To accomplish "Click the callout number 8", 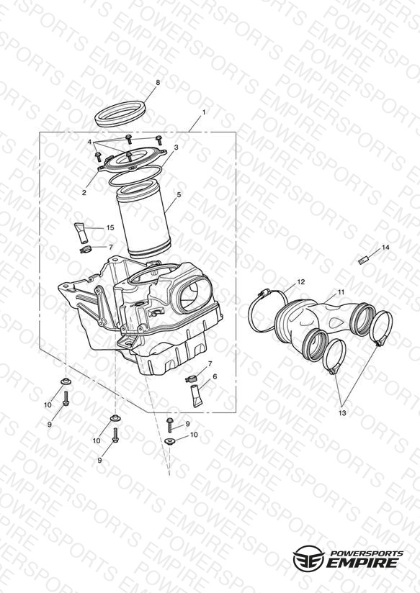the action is click(x=158, y=83).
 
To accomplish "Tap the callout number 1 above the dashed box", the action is click(x=204, y=112).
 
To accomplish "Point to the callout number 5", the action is click(x=179, y=195).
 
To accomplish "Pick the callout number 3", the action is click(x=176, y=147).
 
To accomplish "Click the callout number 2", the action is click(x=84, y=192).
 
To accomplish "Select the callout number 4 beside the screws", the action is click(x=90, y=142).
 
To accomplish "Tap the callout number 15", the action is click(x=110, y=227).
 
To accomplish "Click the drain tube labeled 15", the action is click(x=81, y=233).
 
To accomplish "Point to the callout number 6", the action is click(x=215, y=376).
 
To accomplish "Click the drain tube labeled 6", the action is click(x=197, y=396).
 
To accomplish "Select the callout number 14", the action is click(x=385, y=248).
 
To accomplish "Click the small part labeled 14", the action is click(x=363, y=261).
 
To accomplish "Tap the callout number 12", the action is click(x=300, y=282).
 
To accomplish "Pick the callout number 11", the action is click(x=341, y=292).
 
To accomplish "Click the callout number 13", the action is click(x=342, y=413).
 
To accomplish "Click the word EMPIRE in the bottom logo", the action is click(x=365, y=563).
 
